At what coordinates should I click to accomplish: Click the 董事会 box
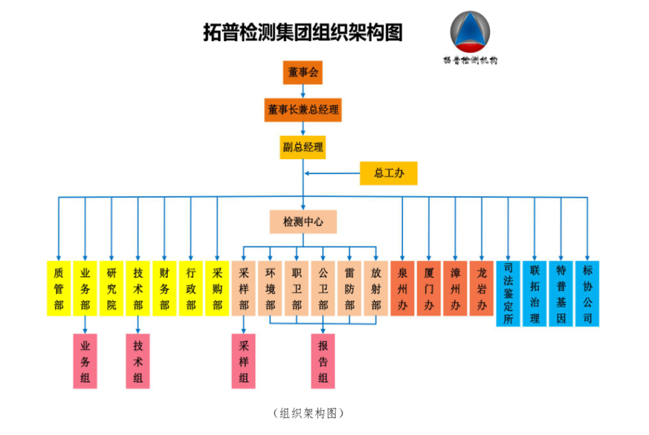pyautogui.click(x=303, y=72)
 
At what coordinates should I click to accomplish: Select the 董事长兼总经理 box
pyautogui.click(x=303, y=110)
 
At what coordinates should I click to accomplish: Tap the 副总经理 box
pyautogui.click(x=303, y=147)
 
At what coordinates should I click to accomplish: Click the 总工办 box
pyautogui.click(x=388, y=173)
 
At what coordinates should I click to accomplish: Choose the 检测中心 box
pyautogui.click(x=303, y=222)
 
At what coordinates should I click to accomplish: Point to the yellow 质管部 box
pyautogui.click(x=59, y=288)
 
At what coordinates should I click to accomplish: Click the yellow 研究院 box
pyautogui.click(x=111, y=288)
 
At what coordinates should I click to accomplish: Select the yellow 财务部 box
pyautogui.click(x=165, y=288)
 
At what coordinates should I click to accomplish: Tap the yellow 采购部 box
pyautogui.click(x=217, y=288)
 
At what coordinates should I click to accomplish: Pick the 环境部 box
pyautogui.click(x=270, y=288)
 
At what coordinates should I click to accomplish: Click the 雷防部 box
pyautogui.click(x=349, y=288)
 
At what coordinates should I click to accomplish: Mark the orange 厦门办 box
pyautogui.click(x=429, y=288)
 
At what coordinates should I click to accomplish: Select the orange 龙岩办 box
pyautogui.click(x=482, y=288)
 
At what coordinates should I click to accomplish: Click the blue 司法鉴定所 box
pyautogui.click(x=508, y=294)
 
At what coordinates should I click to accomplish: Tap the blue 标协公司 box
pyautogui.click(x=588, y=294)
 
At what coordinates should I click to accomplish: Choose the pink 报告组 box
pyautogui.click(x=323, y=361)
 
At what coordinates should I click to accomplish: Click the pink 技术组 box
pyautogui.click(x=138, y=361)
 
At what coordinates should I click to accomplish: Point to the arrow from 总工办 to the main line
pyautogui.click(x=331, y=174)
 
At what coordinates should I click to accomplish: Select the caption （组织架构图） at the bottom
pyautogui.click(x=308, y=413)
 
